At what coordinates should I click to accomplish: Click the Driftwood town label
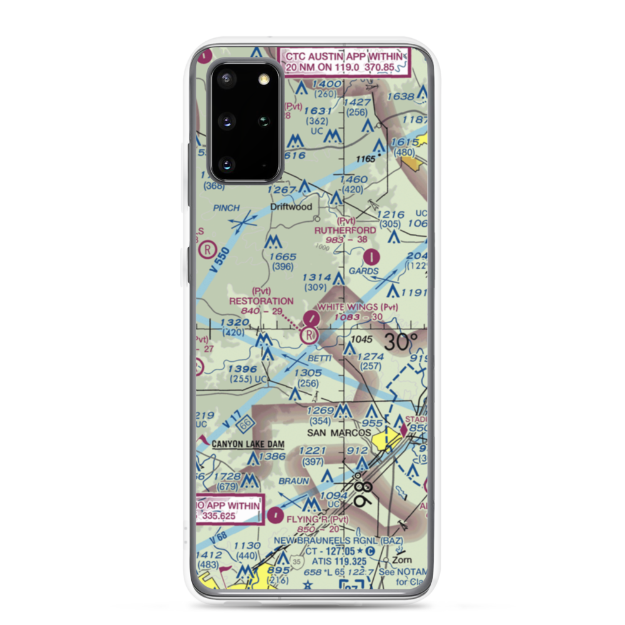(291, 207)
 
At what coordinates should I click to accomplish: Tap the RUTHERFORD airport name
(346, 230)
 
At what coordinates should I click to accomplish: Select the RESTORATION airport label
(261, 301)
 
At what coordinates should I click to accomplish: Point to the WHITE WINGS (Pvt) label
(357, 307)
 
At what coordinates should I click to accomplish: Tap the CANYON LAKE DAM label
(248, 444)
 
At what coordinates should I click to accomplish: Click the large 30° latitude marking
(400, 342)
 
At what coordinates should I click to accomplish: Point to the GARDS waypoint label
(364, 271)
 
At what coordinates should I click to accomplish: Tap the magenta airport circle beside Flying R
(276, 516)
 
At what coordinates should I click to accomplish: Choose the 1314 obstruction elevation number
(316, 277)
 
